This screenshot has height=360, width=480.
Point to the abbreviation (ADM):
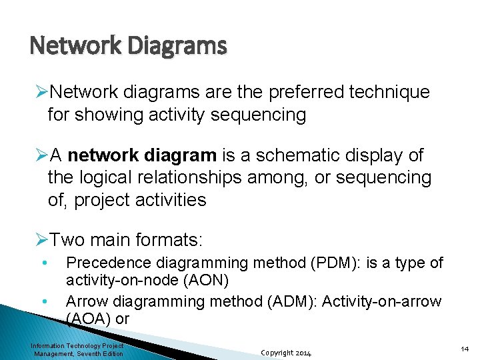click(x=286, y=301)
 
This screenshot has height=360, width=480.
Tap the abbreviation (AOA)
click(x=89, y=319)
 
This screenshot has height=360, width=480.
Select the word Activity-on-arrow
click(x=382, y=301)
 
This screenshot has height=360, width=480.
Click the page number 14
click(x=465, y=349)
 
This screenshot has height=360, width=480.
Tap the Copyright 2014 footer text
click(x=285, y=352)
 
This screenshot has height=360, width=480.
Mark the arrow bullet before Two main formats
click(x=41, y=239)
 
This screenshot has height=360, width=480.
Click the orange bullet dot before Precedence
click(x=43, y=262)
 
